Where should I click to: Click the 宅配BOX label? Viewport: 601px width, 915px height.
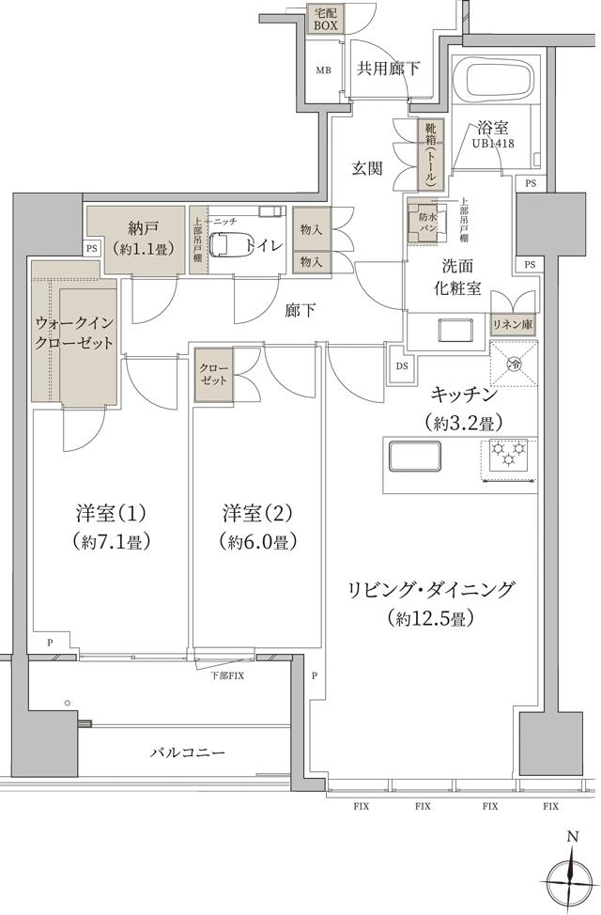click(326, 20)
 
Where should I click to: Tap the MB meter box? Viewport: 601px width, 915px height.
click(323, 70)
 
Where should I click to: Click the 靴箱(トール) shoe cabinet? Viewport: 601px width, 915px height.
click(431, 154)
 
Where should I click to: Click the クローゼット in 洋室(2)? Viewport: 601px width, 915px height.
click(212, 376)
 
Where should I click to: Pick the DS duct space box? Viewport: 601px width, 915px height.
click(402, 366)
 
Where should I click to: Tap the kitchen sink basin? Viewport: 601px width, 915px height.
click(414, 455)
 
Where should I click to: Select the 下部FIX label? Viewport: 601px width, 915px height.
click(226, 675)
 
